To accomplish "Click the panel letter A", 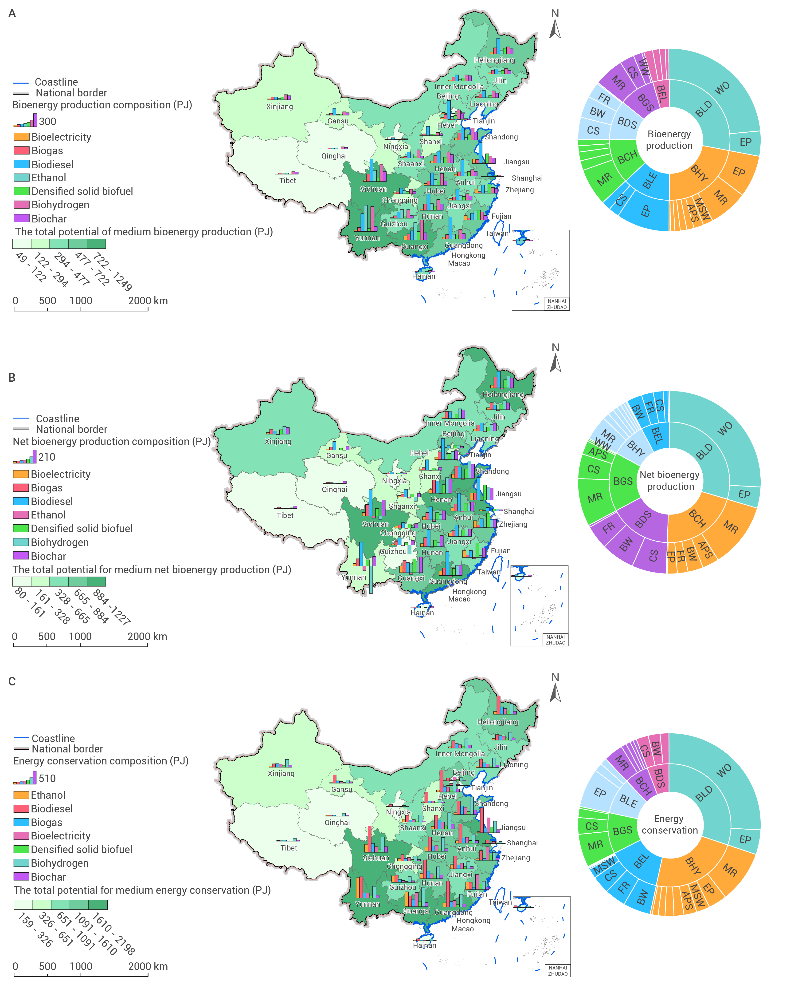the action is pyautogui.click(x=12, y=13).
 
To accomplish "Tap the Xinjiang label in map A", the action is pyautogui.click(x=279, y=107).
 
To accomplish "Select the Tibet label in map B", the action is pyautogui.click(x=285, y=515).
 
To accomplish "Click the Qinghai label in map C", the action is pyautogui.click(x=337, y=823).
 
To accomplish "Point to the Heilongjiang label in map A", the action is pyautogui.click(x=494, y=60).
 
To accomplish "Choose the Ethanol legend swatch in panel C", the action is pyautogui.click(x=21, y=795).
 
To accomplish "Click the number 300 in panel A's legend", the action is pyautogui.click(x=47, y=121).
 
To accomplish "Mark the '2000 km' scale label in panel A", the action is pyautogui.click(x=148, y=301).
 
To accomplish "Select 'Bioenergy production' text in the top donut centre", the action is pyautogui.click(x=669, y=140).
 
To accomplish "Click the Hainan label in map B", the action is pyautogui.click(x=422, y=613).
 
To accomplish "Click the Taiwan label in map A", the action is pyautogui.click(x=497, y=233).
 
